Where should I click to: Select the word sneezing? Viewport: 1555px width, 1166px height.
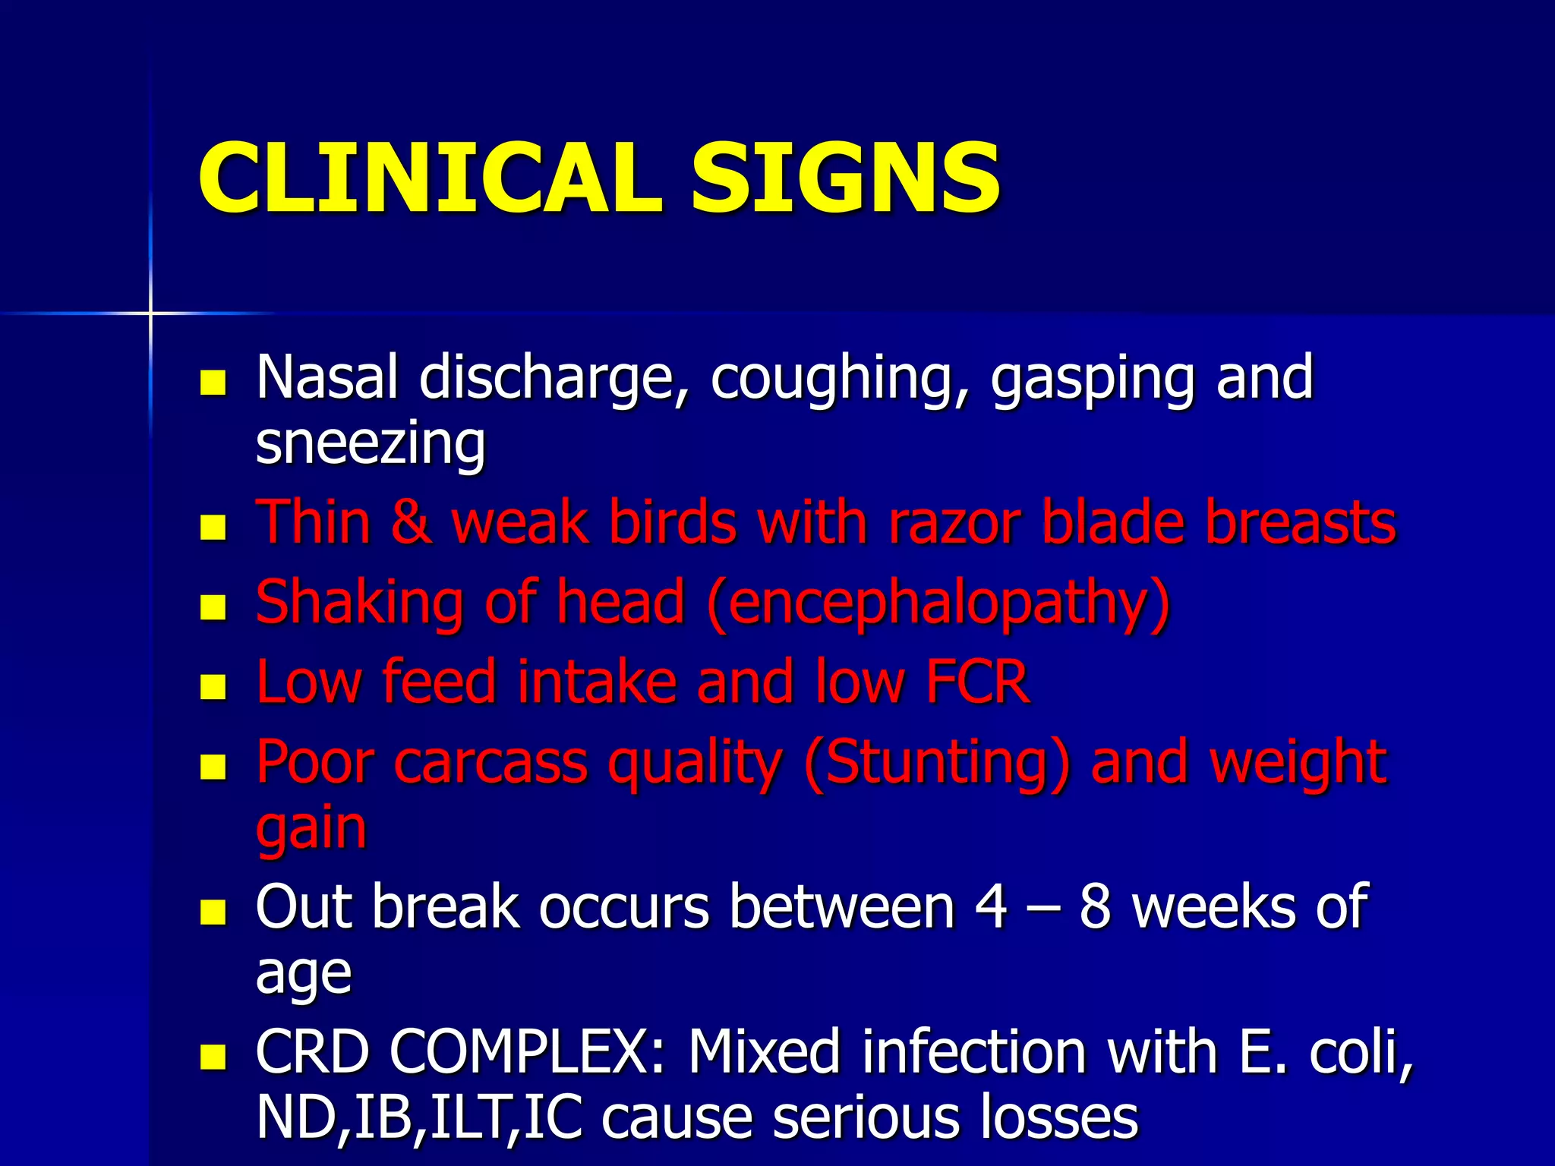tap(371, 443)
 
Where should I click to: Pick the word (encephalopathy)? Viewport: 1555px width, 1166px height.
tap(938, 603)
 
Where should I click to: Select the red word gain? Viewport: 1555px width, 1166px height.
tap(311, 829)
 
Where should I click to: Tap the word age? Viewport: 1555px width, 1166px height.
tap(304, 974)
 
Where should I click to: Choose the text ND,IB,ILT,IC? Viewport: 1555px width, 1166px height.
tap(419, 1117)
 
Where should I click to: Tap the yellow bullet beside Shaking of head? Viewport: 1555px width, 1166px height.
tap(213, 607)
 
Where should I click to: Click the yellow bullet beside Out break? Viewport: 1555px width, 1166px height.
tap(213, 912)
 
